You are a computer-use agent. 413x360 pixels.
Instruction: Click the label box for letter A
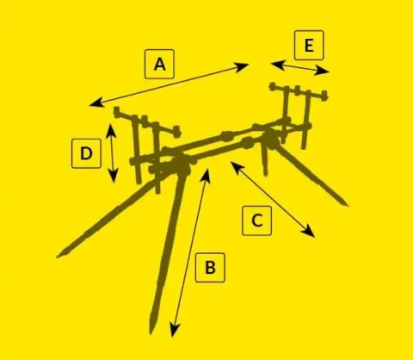159,64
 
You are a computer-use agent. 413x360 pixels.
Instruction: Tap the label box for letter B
210,268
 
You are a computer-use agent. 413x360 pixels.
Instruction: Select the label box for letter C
256,220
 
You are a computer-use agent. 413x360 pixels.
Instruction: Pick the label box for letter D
86,153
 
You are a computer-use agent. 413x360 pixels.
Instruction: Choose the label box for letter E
309,45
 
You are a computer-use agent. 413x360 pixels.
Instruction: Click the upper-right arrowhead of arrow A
243,67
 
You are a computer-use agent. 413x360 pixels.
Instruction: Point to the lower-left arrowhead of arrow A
96,102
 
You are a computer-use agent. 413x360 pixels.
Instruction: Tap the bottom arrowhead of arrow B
174,330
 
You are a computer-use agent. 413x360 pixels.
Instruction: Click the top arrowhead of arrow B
206,175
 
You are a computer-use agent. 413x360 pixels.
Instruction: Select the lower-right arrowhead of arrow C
310,232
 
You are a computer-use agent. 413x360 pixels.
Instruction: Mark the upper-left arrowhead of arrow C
236,167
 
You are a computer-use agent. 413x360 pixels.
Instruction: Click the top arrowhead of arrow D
111,130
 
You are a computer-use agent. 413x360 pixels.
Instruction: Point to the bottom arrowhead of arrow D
114,176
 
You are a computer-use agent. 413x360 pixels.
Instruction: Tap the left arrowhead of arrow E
277,65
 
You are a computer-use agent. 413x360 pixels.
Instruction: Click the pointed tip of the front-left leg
58,257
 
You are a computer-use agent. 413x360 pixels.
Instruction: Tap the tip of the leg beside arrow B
151,333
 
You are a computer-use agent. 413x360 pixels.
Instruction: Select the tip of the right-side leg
347,205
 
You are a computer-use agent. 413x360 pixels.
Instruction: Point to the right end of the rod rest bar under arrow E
324,95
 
